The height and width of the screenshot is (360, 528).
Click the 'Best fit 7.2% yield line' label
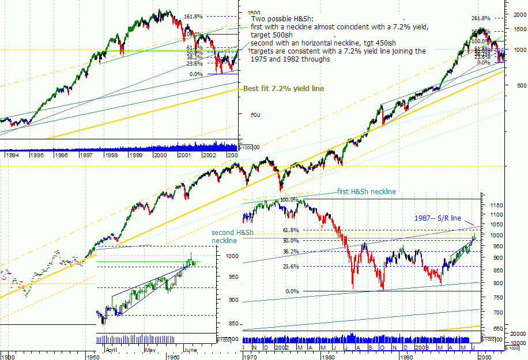pyautogui.click(x=283, y=89)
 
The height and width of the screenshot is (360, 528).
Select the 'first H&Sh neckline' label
pyautogui.click(x=367, y=192)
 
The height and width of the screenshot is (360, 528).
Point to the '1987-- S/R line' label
pyautogui.click(x=438, y=218)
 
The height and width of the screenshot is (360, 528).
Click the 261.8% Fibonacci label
pyautogui.click(x=481, y=18)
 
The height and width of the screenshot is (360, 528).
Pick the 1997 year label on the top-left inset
pyautogui.click(x=86, y=155)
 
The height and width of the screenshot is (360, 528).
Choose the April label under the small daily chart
pyautogui.click(x=113, y=350)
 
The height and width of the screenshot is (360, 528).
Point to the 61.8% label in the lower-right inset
pyautogui.click(x=291, y=230)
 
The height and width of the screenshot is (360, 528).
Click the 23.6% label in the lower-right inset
pyautogui.click(x=291, y=267)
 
